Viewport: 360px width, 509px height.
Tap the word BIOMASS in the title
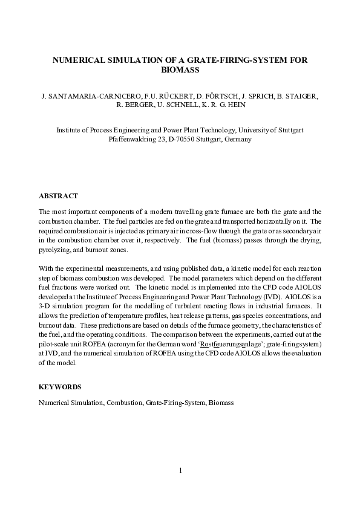[x=180, y=70]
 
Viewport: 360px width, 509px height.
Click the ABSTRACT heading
[x=58, y=196]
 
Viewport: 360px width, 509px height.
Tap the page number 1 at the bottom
[x=180, y=470]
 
